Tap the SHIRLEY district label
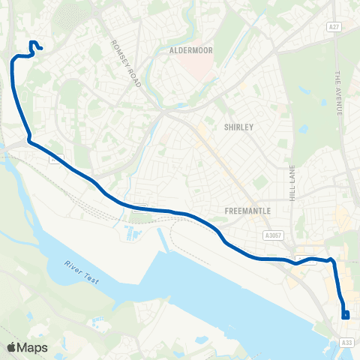(x=239, y=127)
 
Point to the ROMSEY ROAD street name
(x=125, y=64)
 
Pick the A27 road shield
(x=335, y=25)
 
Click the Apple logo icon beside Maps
(x=11, y=347)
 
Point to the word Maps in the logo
(x=32, y=347)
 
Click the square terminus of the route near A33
(x=345, y=315)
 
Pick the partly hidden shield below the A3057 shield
(x=306, y=259)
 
